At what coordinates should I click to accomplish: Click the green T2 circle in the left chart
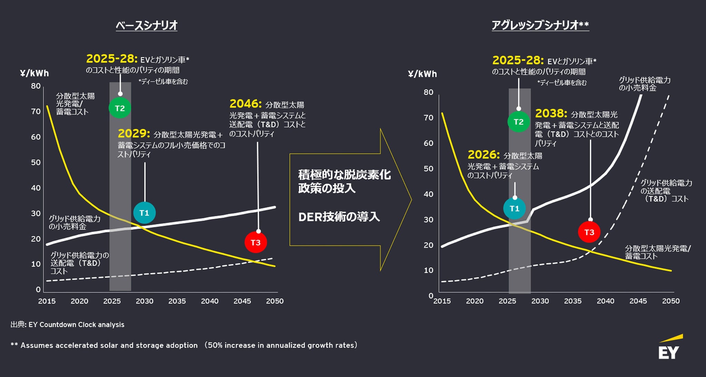[x=120, y=108]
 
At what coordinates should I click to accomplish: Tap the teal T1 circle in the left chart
[x=144, y=212]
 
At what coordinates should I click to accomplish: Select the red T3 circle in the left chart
[x=255, y=242]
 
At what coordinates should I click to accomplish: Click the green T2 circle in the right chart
[x=518, y=121]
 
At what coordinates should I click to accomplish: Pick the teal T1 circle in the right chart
[x=514, y=208]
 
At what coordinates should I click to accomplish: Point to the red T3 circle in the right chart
[x=589, y=232]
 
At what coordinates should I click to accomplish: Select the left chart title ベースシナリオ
[x=147, y=26]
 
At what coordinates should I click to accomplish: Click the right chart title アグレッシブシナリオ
[x=540, y=25]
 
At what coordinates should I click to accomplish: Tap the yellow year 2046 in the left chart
[x=245, y=104]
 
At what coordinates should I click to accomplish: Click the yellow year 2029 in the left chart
[x=134, y=133]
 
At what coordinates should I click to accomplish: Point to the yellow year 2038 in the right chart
[x=551, y=113]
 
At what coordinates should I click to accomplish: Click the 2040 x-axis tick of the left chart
[x=210, y=301]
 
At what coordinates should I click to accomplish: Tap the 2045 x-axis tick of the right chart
[x=638, y=301]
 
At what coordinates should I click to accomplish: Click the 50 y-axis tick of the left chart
[x=36, y=162]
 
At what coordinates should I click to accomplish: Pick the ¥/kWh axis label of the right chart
[x=422, y=74]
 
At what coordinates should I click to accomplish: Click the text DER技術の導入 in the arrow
[x=339, y=217]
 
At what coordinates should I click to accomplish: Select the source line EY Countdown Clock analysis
[x=68, y=325]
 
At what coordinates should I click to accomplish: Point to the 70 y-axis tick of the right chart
[x=428, y=118]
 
